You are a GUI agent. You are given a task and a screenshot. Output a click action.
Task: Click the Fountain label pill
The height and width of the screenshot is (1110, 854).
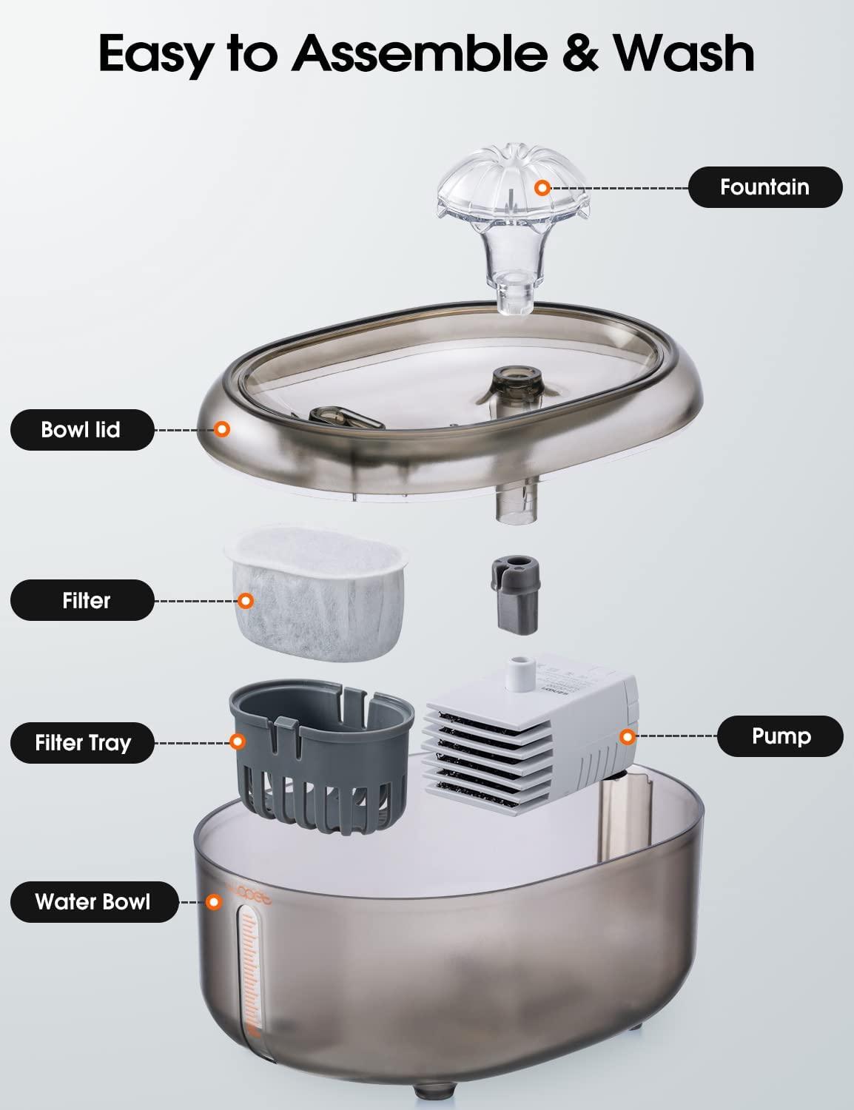pos(764,187)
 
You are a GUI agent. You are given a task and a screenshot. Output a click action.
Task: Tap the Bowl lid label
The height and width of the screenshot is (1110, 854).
pos(81,429)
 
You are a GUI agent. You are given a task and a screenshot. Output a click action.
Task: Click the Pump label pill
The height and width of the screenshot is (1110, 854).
pos(780,736)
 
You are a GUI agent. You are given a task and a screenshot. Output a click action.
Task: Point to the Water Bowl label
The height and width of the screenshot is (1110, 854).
pos(93,902)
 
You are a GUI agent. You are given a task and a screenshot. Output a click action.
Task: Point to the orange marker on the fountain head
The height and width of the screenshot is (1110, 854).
pos(542,188)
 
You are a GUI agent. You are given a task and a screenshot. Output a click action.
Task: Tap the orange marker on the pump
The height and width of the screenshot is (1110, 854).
pos(628,736)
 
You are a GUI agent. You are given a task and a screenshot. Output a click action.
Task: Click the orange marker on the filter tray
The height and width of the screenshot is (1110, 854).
pos(238,741)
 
